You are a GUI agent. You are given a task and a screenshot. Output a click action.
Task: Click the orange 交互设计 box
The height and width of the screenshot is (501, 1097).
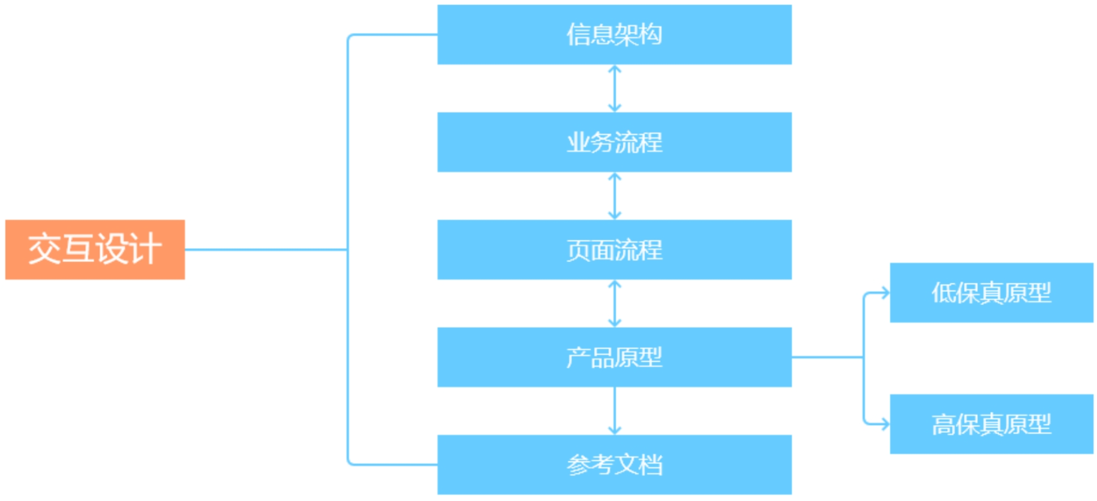point(95,249)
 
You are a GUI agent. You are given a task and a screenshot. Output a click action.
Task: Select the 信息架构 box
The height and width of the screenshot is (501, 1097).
point(614,35)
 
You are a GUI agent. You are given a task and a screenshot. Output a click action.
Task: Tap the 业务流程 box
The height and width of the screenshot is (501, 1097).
point(614,142)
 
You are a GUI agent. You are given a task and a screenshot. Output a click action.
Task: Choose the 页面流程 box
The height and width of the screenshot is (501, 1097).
point(614,249)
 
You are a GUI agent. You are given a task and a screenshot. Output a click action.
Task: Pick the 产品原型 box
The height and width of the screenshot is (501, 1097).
point(614,357)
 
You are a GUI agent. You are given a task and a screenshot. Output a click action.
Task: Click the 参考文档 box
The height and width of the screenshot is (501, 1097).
point(614,464)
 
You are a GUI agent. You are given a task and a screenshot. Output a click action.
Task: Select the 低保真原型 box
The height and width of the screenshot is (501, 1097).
point(991,293)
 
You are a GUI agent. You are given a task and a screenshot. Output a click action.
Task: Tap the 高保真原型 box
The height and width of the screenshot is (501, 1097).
point(991,424)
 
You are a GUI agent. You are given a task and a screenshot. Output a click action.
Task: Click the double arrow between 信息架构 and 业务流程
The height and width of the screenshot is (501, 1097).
point(614,88)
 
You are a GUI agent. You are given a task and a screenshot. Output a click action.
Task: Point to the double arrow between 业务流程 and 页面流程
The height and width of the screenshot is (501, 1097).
point(614,195)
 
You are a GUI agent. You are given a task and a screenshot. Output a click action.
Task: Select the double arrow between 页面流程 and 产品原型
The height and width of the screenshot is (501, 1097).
point(614,303)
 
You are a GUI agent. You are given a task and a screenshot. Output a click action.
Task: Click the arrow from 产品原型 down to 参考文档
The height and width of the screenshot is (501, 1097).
point(614,411)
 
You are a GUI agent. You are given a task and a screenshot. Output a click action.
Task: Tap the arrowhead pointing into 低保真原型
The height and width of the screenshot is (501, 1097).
point(885,293)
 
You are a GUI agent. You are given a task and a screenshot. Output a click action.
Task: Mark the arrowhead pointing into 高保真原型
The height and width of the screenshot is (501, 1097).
point(885,424)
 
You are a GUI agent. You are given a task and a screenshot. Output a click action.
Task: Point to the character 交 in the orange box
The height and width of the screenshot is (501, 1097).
point(44,249)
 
